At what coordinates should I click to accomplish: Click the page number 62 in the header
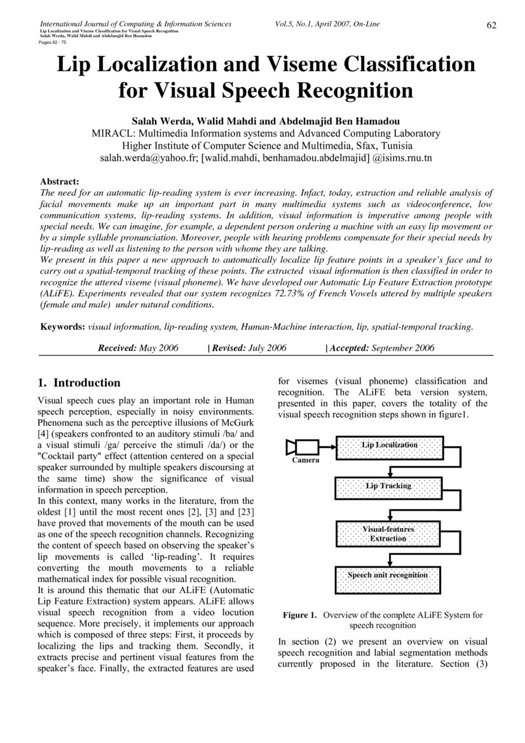[x=491, y=25]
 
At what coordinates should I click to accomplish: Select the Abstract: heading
[x=59, y=181]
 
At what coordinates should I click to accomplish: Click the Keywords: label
[x=63, y=327]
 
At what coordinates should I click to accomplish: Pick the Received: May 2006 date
[x=138, y=348]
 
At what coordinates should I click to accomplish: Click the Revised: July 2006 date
[x=249, y=348]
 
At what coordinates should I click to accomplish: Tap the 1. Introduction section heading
[x=79, y=383]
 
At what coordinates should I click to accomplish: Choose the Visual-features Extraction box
[x=388, y=533]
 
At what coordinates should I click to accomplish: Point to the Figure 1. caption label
[x=299, y=615]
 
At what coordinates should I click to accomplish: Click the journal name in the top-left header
[x=135, y=24]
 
